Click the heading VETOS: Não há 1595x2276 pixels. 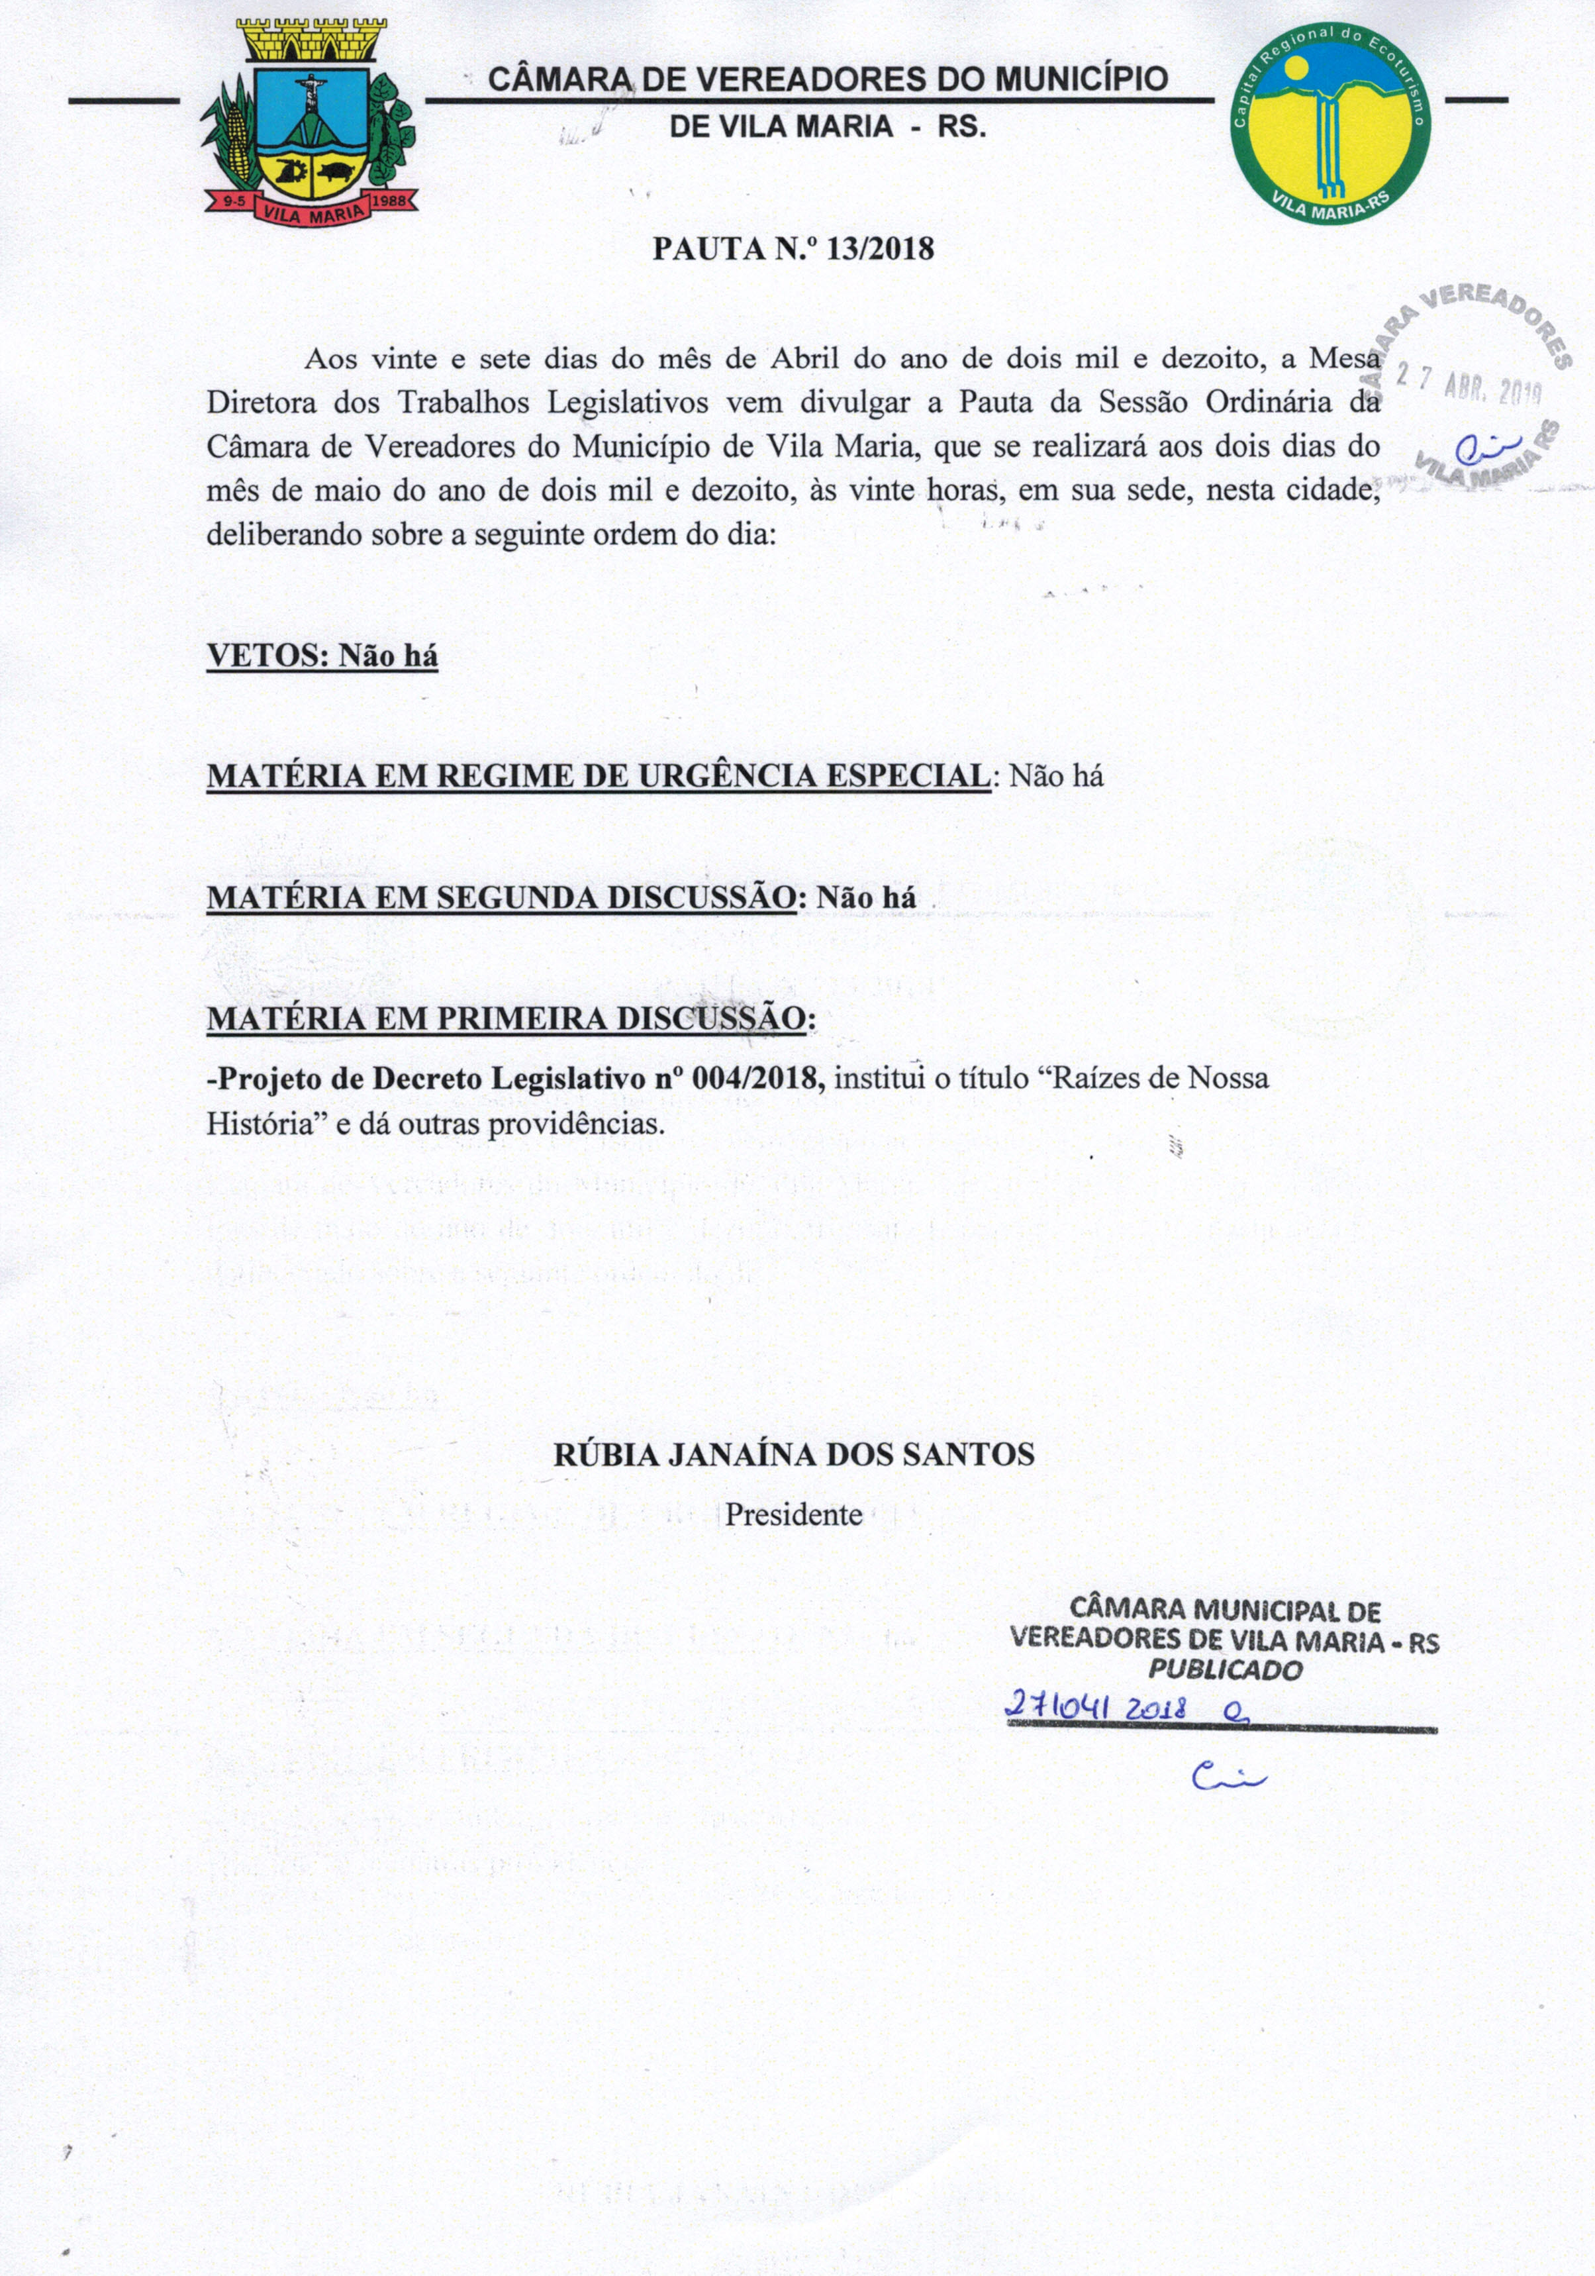(x=322, y=656)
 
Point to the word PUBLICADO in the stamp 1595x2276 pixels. (x=1226, y=1670)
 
